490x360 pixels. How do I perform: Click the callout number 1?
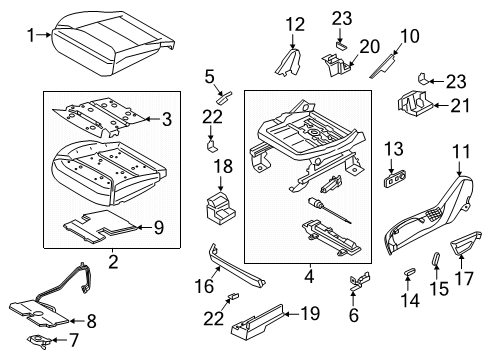(29, 35)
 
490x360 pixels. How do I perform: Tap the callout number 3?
(167, 119)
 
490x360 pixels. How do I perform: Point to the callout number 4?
(308, 273)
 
